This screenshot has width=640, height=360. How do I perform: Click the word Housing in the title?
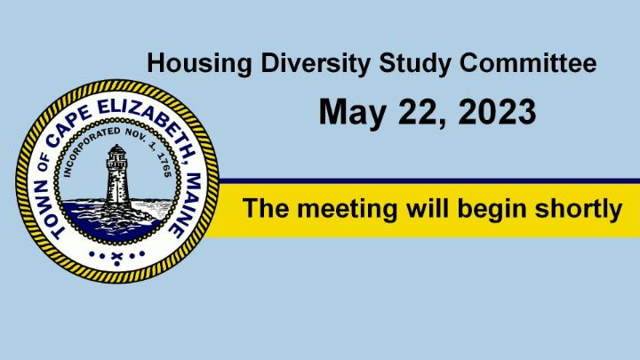click(199, 65)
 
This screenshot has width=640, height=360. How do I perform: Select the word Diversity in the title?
click(316, 65)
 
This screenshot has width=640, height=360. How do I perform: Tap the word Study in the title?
click(415, 65)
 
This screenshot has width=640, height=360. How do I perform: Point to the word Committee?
click(528, 63)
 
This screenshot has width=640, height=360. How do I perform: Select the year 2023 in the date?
click(497, 111)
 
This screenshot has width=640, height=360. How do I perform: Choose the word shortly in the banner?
click(579, 209)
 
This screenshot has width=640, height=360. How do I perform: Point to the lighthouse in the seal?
click(117, 175)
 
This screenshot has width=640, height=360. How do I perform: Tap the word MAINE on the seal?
click(184, 205)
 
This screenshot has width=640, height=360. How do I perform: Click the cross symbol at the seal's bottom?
click(116, 257)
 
